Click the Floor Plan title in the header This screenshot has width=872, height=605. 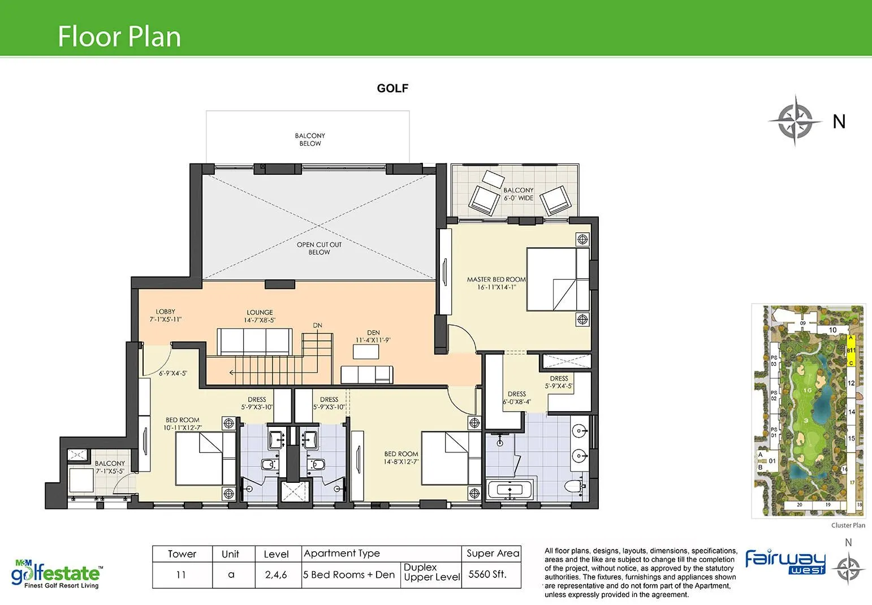tap(119, 37)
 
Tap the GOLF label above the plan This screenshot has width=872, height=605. tap(392, 88)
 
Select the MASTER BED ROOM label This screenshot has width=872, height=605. tap(496, 283)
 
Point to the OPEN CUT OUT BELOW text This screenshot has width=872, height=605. tap(319, 248)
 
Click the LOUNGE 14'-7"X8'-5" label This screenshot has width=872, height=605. tap(260, 316)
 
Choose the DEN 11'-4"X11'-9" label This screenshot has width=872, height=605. tap(373, 336)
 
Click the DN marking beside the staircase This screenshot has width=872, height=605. tap(317, 326)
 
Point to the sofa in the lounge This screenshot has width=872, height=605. tap(255, 342)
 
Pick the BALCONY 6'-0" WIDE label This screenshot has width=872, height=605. tap(518, 194)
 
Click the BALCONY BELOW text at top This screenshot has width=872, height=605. tap(310, 140)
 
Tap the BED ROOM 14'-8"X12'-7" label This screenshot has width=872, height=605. tap(401, 457)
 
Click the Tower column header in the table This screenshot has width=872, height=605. tap(182, 554)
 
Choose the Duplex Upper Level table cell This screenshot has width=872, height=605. tap(431, 572)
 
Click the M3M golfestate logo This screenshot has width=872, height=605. tap(57, 573)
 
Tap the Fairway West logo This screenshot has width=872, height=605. tap(785, 561)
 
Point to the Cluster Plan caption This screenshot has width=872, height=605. tap(848, 525)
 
